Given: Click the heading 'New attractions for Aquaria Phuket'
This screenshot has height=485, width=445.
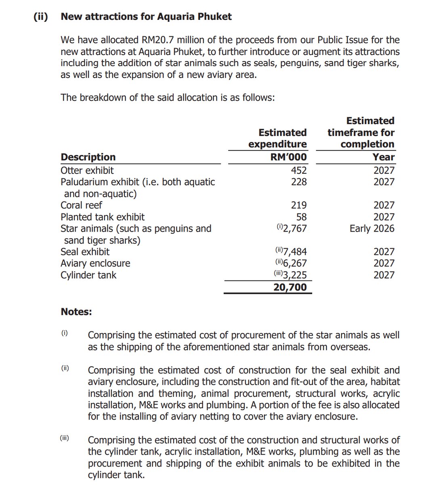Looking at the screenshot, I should (146, 17).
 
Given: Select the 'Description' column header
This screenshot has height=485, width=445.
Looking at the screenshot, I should (88, 157).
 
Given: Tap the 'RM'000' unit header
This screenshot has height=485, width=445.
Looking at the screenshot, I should (288, 157).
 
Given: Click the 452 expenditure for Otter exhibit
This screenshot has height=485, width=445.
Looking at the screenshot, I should (299, 170).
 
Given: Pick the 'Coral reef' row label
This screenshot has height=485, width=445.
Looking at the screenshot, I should (81, 205).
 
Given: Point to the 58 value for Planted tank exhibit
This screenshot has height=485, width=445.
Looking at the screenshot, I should (301, 217).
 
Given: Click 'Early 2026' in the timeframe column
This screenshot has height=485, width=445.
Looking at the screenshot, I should (372, 228).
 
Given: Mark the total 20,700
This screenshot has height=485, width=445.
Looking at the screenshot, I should (290, 287).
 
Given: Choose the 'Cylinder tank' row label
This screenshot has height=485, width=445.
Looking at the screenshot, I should (88, 275).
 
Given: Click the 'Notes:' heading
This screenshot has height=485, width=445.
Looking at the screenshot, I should (76, 312).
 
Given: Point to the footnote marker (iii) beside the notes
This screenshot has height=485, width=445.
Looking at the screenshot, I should (65, 438).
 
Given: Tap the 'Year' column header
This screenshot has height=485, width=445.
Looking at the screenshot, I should (384, 157).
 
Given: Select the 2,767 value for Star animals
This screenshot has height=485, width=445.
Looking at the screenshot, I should (295, 228).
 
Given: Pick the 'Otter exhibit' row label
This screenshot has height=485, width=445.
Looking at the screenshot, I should (87, 170).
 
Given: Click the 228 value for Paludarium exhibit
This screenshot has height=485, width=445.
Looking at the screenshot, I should (299, 182).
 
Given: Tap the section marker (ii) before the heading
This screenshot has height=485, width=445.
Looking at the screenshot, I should (40, 17).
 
